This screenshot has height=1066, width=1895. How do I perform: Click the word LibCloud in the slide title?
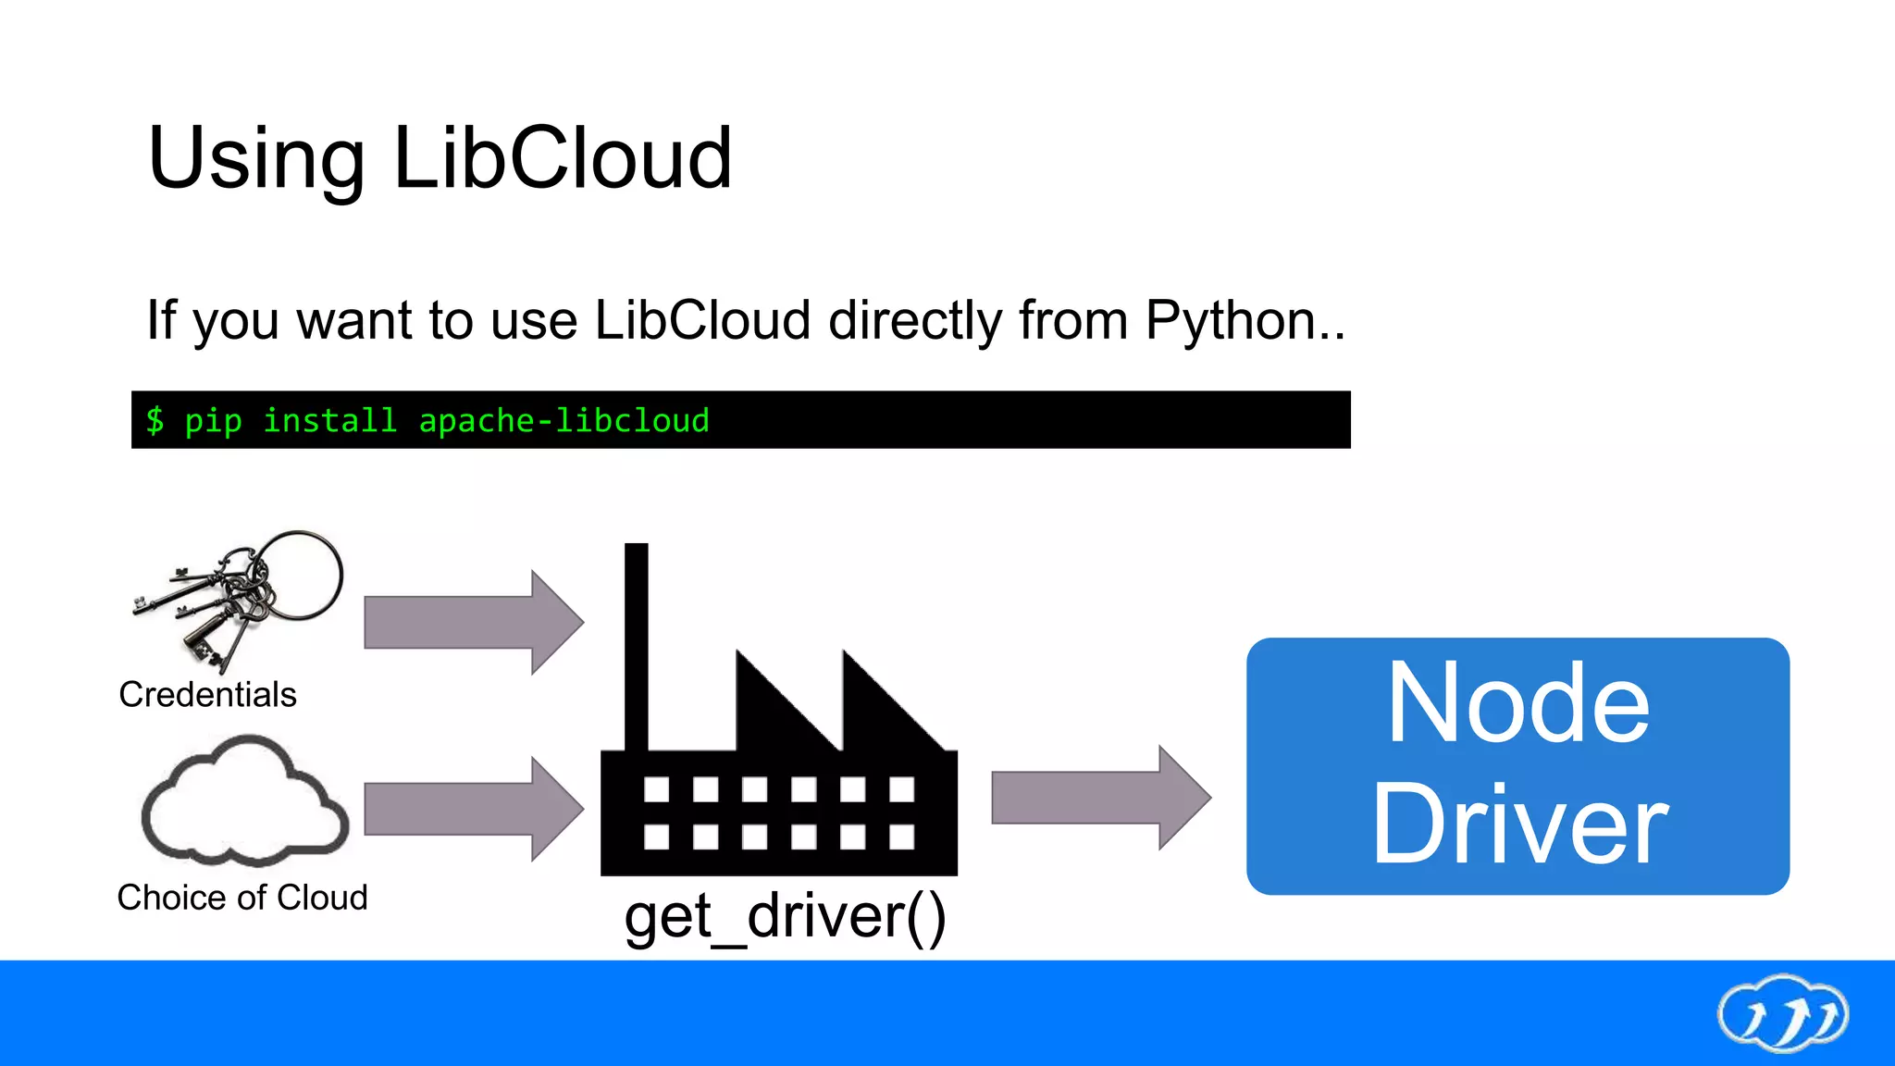[x=563, y=159]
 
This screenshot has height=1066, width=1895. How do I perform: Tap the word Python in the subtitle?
[x=1231, y=321]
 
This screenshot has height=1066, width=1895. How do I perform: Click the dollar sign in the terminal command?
[x=155, y=421]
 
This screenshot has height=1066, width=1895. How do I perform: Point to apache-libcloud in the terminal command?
[x=564, y=421]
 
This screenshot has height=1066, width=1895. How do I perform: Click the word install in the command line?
[x=329, y=421]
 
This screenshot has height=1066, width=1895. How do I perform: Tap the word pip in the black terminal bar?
[x=213, y=421]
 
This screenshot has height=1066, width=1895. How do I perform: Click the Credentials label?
[x=207, y=695]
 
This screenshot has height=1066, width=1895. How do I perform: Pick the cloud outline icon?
[x=244, y=801]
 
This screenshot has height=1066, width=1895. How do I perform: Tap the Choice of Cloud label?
[x=242, y=898]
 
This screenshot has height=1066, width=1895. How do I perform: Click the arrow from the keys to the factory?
[x=473, y=623]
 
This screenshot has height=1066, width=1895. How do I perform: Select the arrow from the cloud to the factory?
[x=473, y=809]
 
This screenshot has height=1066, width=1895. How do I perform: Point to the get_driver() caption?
[x=785, y=917]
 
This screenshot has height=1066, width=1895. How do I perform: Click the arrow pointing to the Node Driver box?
[x=1100, y=798]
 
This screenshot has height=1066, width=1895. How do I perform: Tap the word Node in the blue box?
[x=1517, y=703]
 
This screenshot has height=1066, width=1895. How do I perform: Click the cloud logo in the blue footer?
[x=1782, y=1013]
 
